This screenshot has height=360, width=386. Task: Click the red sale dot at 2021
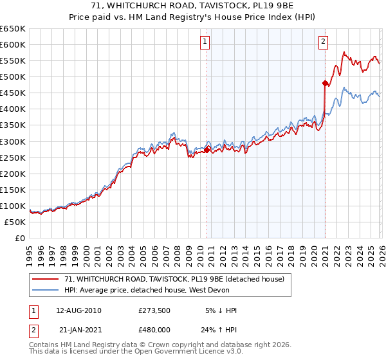(325, 82)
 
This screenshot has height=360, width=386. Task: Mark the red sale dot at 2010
(207, 150)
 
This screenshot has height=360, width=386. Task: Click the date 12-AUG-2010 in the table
(78, 310)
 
